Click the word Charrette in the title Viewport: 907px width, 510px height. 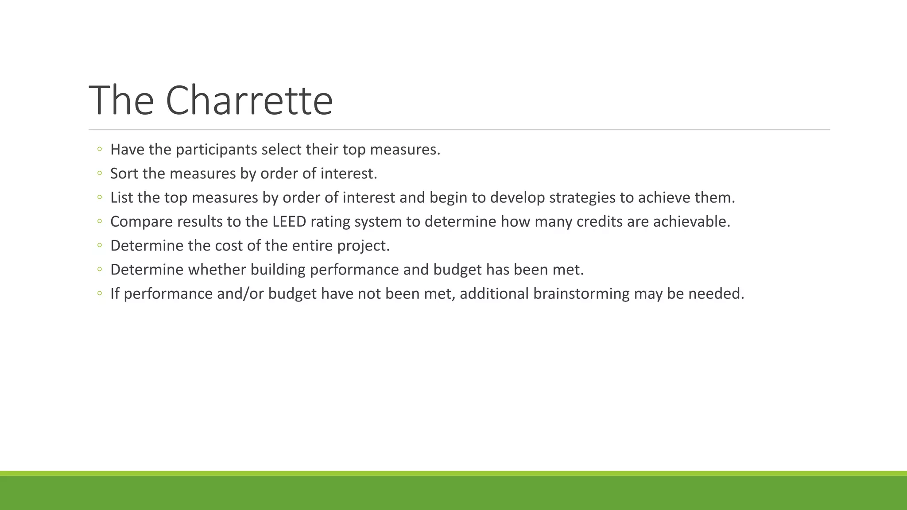[249, 101]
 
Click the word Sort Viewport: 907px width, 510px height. [124, 174]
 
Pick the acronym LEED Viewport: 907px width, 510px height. [289, 221]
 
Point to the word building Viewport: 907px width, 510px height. [278, 270]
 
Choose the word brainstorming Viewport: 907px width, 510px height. [581, 294]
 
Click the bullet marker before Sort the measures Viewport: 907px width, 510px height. [99, 174]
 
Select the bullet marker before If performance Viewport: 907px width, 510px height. [99, 294]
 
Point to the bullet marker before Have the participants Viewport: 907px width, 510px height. [99, 150]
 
